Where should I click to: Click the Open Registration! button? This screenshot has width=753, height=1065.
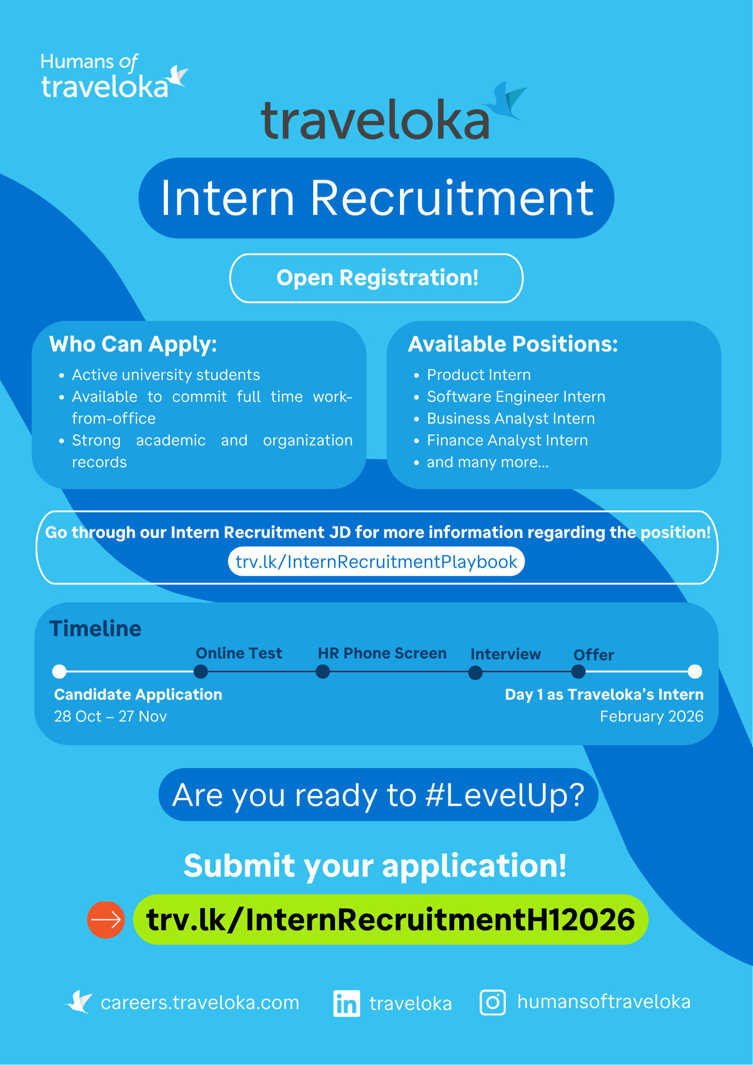pyautogui.click(x=376, y=278)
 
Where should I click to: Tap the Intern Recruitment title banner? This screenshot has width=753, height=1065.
pyautogui.click(x=376, y=198)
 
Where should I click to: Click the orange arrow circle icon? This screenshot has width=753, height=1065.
pyautogui.click(x=106, y=920)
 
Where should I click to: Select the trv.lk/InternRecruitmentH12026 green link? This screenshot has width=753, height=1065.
pyautogui.click(x=390, y=919)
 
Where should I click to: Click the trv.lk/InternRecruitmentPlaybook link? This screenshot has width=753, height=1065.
pyautogui.click(x=376, y=562)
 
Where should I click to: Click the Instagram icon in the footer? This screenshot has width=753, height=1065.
pyautogui.click(x=493, y=1002)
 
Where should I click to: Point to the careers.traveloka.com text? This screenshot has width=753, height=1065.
pyautogui.click(x=200, y=1003)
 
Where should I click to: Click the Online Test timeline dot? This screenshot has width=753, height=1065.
pyautogui.click(x=201, y=672)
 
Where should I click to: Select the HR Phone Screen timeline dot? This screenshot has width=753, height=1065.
pyautogui.click(x=323, y=672)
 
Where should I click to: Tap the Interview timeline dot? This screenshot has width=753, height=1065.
pyautogui.click(x=475, y=673)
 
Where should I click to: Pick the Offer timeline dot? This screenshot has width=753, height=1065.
pyautogui.click(x=578, y=672)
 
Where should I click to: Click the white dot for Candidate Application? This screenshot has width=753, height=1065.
pyautogui.click(x=59, y=672)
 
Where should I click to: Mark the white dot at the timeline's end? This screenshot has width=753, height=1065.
pyautogui.click(x=695, y=672)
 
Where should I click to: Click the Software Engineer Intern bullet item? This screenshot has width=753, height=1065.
pyautogui.click(x=516, y=397)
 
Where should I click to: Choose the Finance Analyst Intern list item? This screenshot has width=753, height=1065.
pyautogui.click(x=507, y=440)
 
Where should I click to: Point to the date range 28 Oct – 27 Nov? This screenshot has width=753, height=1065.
pyautogui.click(x=111, y=716)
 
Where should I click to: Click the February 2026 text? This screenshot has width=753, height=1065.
pyautogui.click(x=651, y=716)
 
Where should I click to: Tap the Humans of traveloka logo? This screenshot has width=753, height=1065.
pyautogui.click(x=114, y=76)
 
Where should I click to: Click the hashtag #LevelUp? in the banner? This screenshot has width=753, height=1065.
pyautogui.click(x=505, y=795)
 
